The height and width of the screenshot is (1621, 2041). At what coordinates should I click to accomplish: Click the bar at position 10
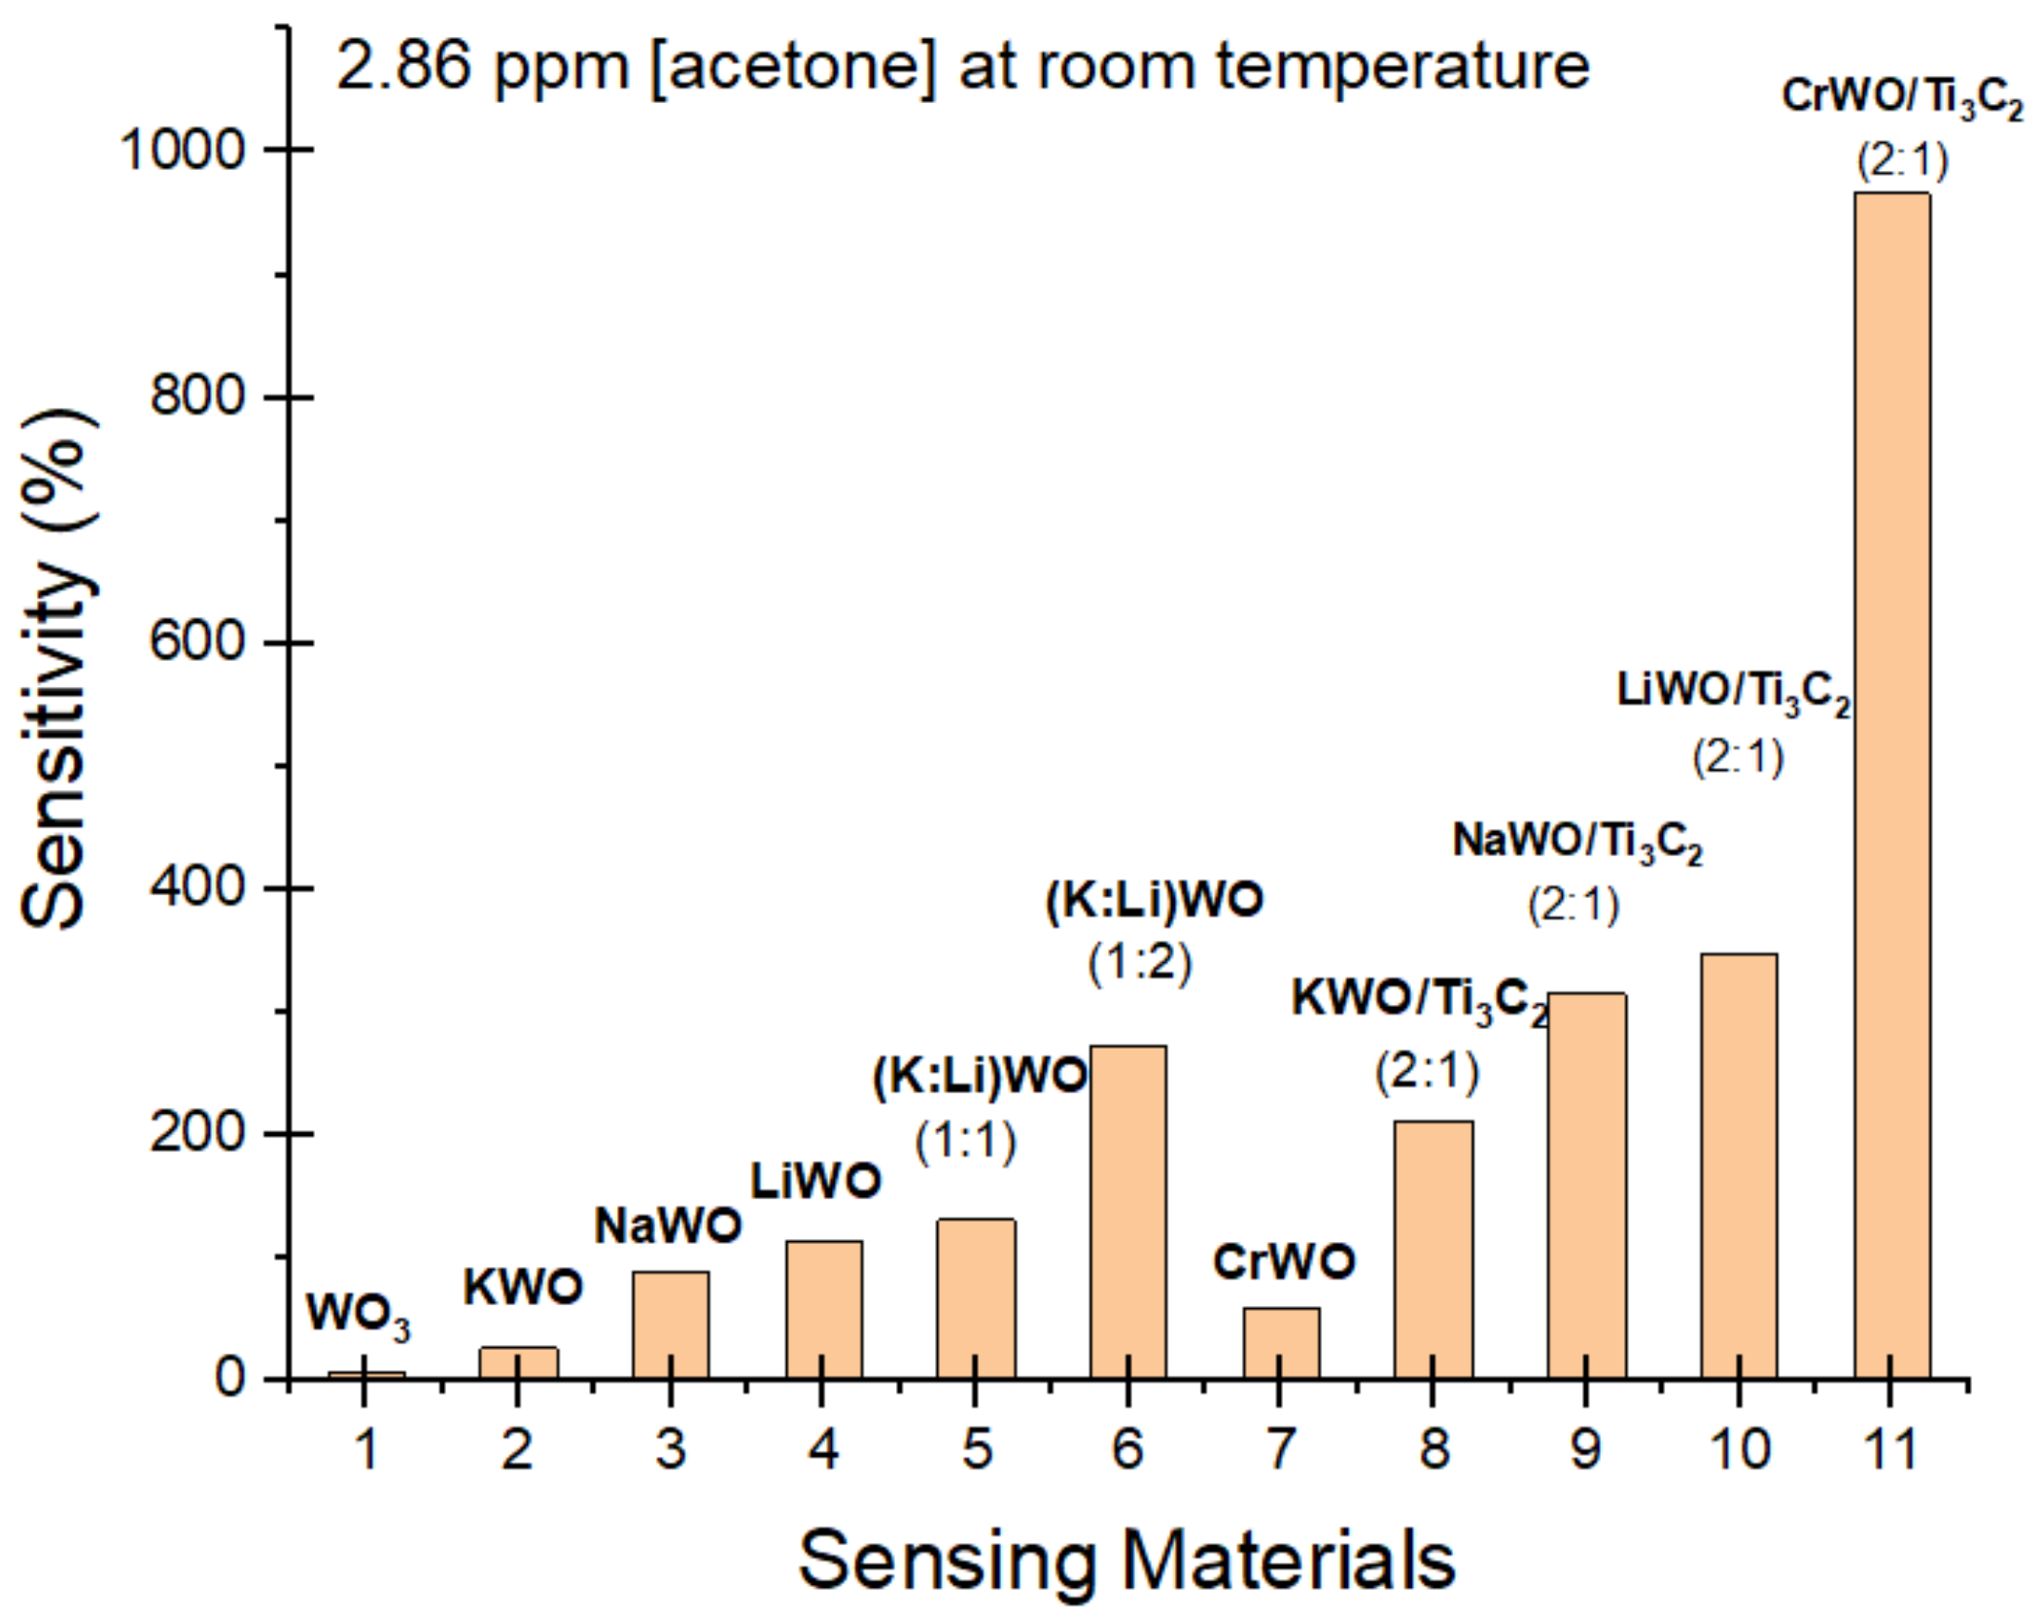point(1738,1166)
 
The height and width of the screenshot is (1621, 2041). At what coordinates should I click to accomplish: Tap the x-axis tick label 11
point(1889,1450)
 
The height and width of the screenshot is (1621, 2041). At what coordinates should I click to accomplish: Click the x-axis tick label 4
point(822,1450)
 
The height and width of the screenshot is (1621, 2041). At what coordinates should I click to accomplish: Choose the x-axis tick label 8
point(1434,1450)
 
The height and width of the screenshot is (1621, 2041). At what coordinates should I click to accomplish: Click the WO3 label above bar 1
point(358,1315)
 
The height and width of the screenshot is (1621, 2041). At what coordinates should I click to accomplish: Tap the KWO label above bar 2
point(522,1289)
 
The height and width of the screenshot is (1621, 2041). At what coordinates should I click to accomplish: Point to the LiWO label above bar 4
point(815,1182)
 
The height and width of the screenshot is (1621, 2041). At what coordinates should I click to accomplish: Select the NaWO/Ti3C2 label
point(1577,842)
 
